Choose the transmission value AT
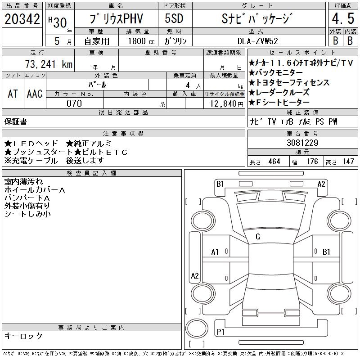[x=13, y=94]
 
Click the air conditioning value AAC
[x=35, y=94]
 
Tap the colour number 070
[x=74, y=103]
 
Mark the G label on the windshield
[x=258, y=237]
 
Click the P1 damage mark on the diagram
[x=221, y=332]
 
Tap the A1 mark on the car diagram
[x=215, y=252]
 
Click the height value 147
[x=348, y=162]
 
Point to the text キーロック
[x=23, y=336]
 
